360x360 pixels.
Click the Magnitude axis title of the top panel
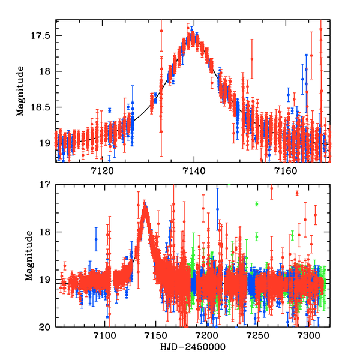click(x=20, y=91)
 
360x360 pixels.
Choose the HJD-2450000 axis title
click(x=192, y=347)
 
